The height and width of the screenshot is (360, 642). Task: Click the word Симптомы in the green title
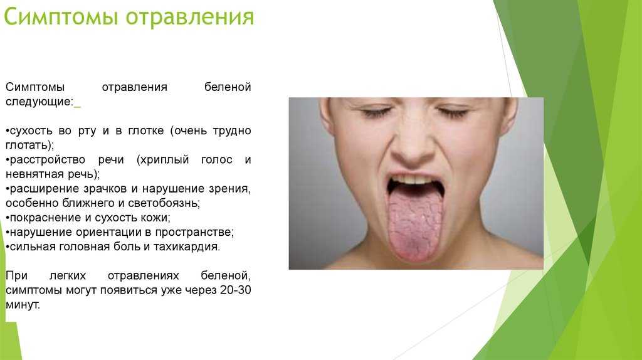coord(61,17)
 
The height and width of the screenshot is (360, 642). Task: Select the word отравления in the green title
coord(189,18)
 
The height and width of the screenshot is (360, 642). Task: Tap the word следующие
coord(39,102)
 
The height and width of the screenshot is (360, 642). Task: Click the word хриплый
coord(163,160)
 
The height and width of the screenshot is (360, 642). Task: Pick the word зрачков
coord(105,189)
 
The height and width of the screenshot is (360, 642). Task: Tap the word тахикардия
coord(187,246)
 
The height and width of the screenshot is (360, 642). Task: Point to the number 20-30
coord(236,290)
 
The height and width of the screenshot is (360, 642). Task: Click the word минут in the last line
coord(23,305)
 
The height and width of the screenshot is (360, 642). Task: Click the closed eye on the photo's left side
coord(376,112)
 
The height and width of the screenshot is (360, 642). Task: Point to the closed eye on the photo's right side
coord(452,112)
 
